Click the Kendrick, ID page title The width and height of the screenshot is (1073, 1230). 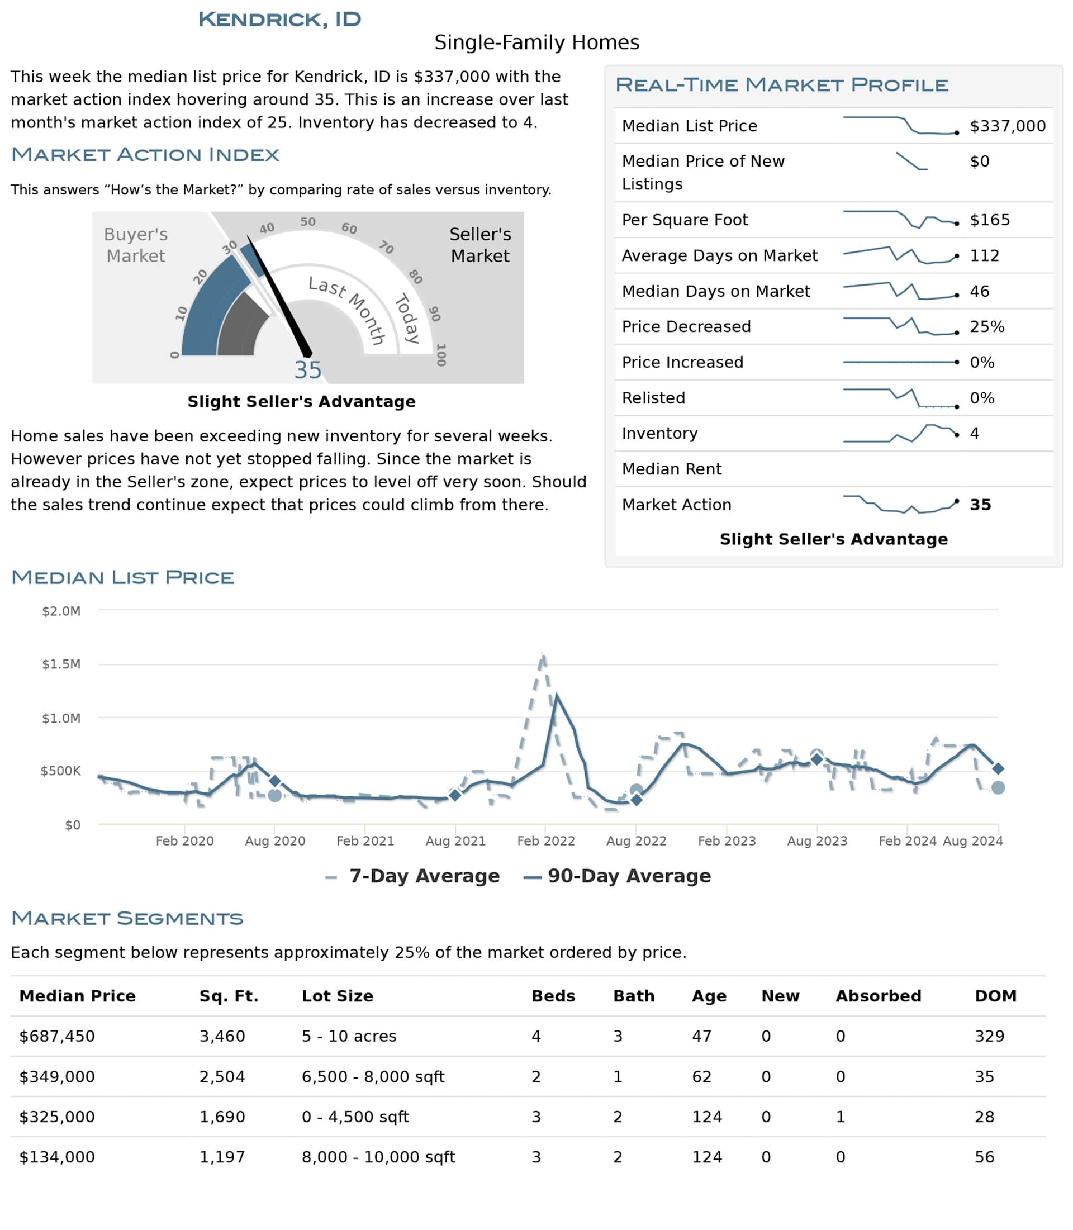[x=279, y=19]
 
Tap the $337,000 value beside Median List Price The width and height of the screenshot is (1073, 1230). [x=1007, y=126]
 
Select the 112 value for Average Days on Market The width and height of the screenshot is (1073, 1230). [x=984, y=256]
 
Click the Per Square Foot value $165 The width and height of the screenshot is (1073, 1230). [x=989, y=220]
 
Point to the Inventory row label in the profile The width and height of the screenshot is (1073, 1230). [x=659, y=433]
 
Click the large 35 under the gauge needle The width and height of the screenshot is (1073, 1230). [x=308, y=370]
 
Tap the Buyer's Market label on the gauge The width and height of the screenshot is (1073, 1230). [x=136, y=245]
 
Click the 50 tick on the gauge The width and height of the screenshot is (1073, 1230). [x=308, y=221]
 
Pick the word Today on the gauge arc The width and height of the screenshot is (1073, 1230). [x=407, y=318]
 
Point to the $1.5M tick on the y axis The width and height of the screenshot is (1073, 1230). [x=61, y=664]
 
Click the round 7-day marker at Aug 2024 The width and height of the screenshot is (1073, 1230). [x=998, y=788]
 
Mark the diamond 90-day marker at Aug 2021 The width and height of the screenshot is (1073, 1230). [x=455, y=795]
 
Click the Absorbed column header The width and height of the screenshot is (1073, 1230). [x=878, y=996]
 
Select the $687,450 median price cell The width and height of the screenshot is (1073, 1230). [x=57, y=1036]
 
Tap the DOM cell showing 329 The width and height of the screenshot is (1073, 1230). [x=989, y=1036]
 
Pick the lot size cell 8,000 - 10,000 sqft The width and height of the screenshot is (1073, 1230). [x=378, y=1157]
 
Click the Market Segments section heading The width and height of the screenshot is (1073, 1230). [x=127, y=918]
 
